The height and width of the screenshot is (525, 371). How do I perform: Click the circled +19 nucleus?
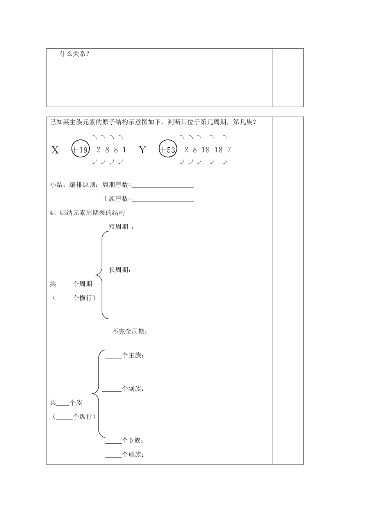[x=81, y=149]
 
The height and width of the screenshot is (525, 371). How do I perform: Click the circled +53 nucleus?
[x=168, y=149]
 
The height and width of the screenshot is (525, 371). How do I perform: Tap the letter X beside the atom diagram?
[x=55, y=150]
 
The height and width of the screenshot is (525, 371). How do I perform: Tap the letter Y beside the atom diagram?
[x=142, y=150]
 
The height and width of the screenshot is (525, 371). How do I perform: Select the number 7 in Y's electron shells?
[x=229, y=150]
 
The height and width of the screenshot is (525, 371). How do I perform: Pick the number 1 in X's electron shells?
[x=124, y=150]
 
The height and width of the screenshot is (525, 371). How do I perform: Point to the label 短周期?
[x=118, y=227]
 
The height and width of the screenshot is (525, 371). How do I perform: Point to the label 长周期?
[x=118, y=270]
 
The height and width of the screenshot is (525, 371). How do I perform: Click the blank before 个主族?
[x=114, y=356]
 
